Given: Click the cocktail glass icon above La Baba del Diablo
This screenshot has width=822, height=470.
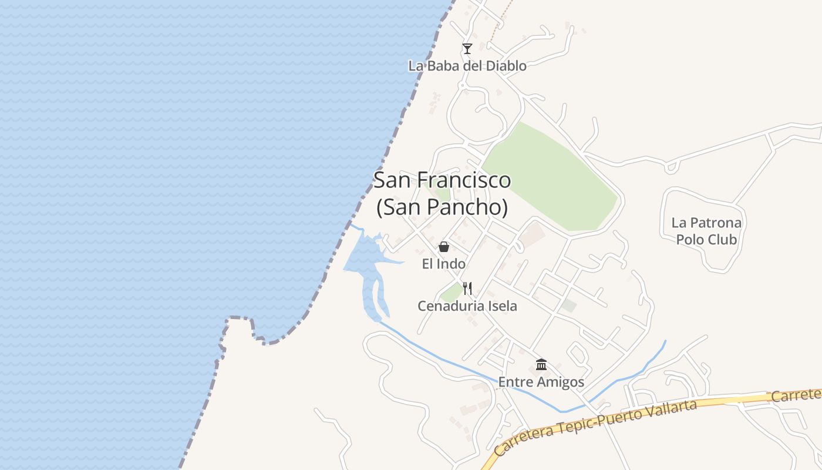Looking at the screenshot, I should (x=467, y=49).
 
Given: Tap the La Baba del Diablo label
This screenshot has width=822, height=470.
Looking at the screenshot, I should (x=467, y=66).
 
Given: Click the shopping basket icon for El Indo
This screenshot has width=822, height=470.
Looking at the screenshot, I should (x=444, y=247).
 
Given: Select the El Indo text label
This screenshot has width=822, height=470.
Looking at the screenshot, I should (x=444, y=264).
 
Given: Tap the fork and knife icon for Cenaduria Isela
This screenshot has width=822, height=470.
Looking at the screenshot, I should (x=467, y=288).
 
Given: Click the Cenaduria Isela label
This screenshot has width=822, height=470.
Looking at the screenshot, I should (x=467, y=306).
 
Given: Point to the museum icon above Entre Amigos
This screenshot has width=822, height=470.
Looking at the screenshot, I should (x=541, y=365).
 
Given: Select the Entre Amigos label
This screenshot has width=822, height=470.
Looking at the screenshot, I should (x=541, y=382).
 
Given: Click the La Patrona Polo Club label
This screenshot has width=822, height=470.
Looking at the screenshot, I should (x=706, y=231).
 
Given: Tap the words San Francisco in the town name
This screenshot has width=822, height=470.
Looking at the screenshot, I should (x=442, y=180).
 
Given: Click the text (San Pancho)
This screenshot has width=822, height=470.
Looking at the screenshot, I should (x=442, y=207).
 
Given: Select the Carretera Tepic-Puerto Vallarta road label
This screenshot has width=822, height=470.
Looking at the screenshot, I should (x=596, y=427).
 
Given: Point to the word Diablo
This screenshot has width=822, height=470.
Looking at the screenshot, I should (x=506, y=66).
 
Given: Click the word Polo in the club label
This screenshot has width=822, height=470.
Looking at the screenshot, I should (x=690, y=240).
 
